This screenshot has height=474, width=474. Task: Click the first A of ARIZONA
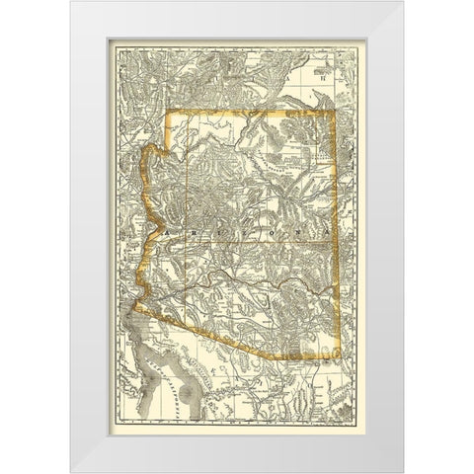point(171,229)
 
